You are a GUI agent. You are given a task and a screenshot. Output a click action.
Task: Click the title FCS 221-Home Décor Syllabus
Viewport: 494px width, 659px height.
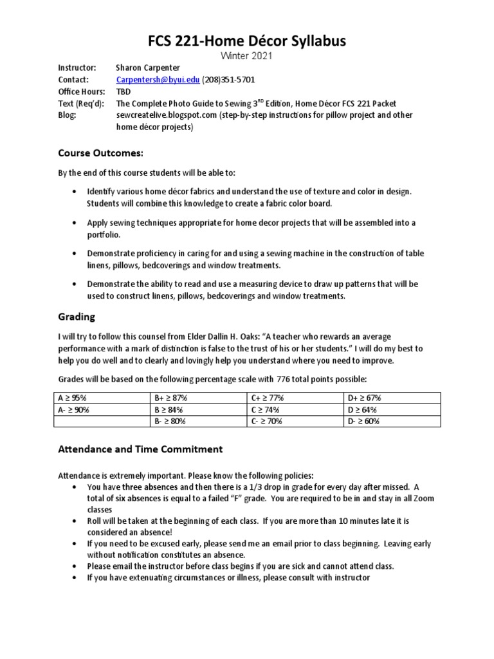(247, 41)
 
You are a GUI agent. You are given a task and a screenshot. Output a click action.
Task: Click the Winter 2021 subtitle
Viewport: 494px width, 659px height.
(247, 56)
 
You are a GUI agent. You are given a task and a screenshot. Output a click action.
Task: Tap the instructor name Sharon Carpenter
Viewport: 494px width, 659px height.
(148, 68)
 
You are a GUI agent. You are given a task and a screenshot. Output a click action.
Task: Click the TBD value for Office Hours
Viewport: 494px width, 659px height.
(123, 92)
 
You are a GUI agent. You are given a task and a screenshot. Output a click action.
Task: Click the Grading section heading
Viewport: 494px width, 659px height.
(77, 317)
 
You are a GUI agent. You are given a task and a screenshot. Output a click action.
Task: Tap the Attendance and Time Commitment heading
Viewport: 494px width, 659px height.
(140, 449)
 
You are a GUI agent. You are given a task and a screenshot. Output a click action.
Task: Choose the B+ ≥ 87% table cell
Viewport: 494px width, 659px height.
(170, 398)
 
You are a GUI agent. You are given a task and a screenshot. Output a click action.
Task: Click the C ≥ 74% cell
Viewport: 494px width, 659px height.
(265, 409)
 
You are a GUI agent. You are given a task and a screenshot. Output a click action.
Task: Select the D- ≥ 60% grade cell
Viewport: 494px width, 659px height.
(363, 421)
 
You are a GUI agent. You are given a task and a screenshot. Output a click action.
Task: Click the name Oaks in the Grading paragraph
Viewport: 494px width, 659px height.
(246, 337)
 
